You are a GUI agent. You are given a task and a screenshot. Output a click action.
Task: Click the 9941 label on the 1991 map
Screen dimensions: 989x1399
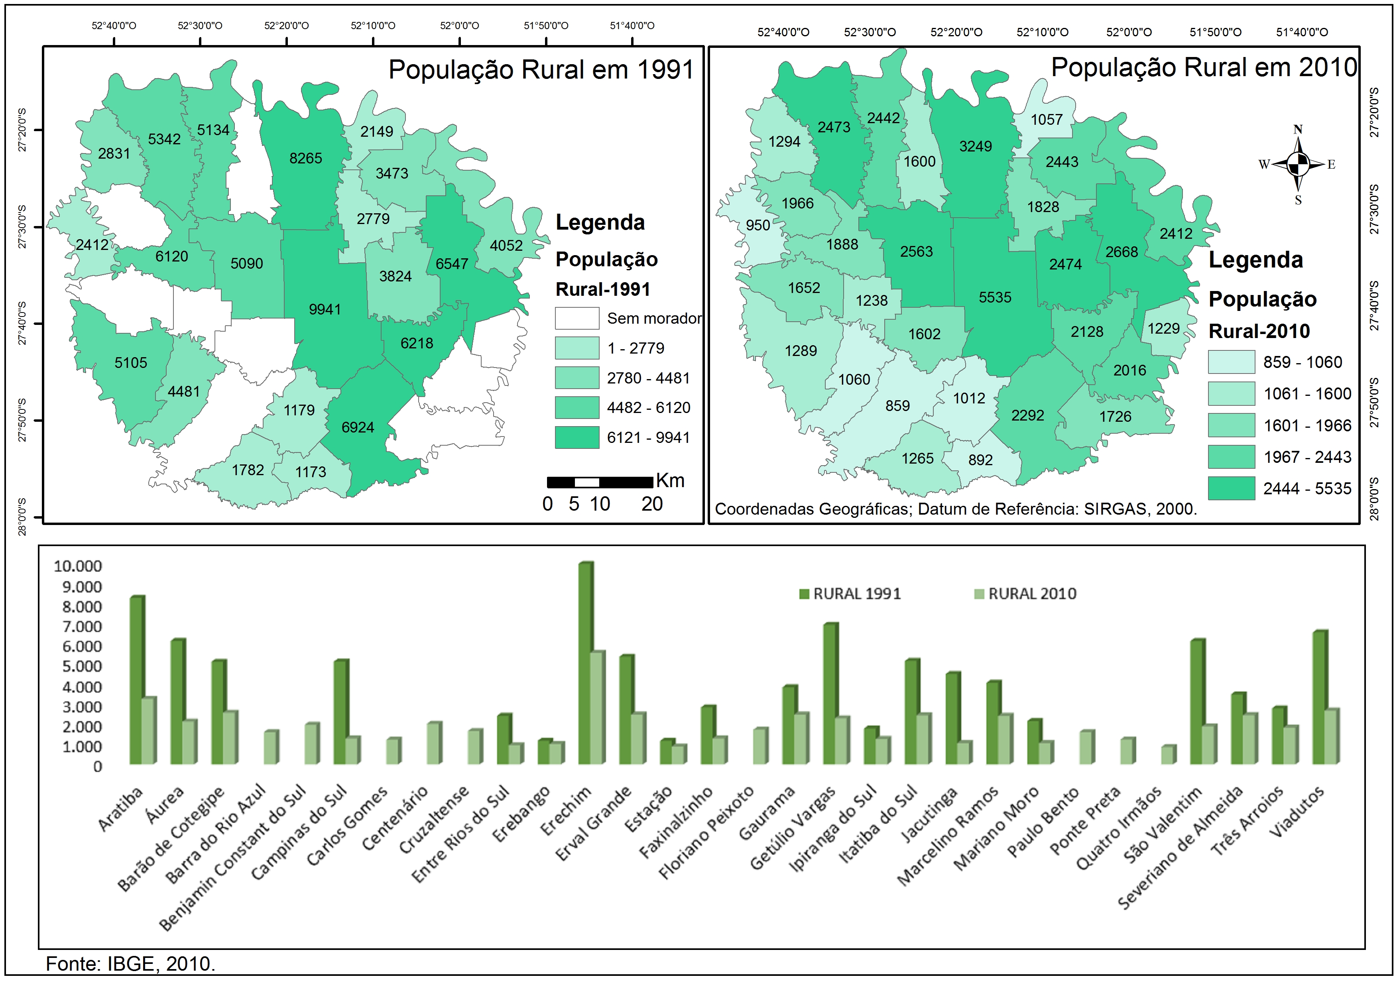pyautogui.click(x=325, y=310)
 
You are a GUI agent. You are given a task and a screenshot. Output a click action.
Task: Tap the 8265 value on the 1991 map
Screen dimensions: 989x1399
pyautogui.click(x=305, y=158)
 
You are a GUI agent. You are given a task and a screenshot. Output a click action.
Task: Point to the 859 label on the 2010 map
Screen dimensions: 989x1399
pyautogui.click(x=897, y=406)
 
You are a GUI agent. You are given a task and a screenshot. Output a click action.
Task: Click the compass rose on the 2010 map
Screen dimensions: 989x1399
pyautogui.click(x=1298, y=163)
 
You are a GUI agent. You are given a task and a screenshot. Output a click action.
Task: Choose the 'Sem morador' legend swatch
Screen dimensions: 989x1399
pyautogui.click(x=577, y=318)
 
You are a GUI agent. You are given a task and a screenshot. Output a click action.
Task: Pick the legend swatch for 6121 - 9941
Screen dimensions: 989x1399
pyautogui.click(x=577, y=438)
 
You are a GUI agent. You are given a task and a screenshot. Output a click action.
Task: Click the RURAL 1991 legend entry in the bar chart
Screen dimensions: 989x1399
pyautogui.click(x=851, y=594)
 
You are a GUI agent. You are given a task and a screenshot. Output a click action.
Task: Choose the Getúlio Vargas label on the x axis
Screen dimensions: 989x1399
pyautogui.click(x=793, y=829)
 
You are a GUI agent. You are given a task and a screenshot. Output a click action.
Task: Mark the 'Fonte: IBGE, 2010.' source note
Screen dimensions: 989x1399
pyautogui.click(x=130, y=964)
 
